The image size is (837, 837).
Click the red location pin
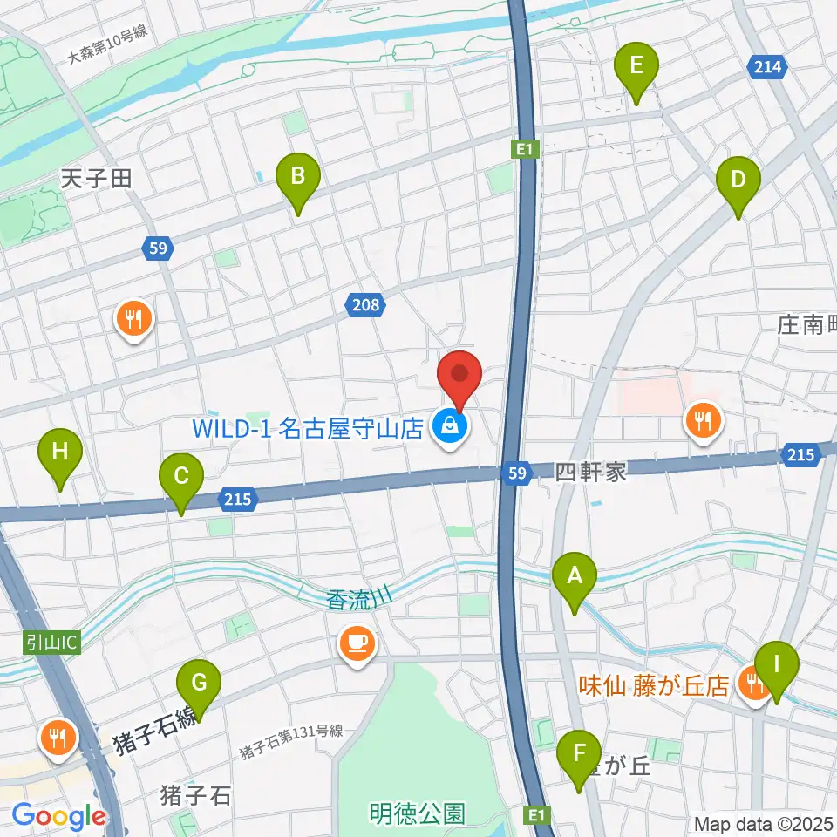pos(461,379)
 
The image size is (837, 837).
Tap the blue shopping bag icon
pos(450,427)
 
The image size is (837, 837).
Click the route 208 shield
pos(366,304)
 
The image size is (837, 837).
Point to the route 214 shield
pos(768,66)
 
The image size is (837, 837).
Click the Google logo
pos(58,817)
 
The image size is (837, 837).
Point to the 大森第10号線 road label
pos(106,45)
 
